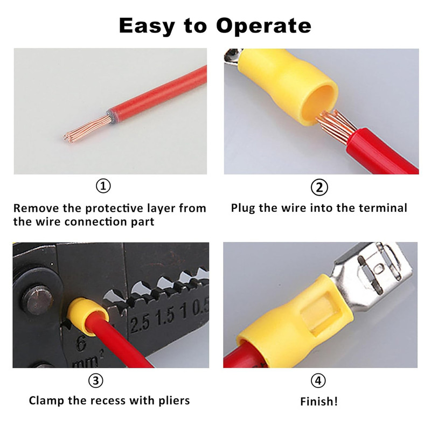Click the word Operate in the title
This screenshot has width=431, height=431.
coord(263,26)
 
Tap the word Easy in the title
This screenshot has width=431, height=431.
coord(147,26)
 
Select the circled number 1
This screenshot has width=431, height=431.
coord(103,186)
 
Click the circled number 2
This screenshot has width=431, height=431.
coord(319,187)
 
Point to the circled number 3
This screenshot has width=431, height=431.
coord(96,381)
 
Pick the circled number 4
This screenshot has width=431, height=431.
coord(318,381)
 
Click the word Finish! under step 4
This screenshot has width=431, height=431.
coord(318,401)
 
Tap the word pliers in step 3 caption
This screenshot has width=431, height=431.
coord(174,401)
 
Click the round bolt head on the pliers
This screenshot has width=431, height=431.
coord(37,299)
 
